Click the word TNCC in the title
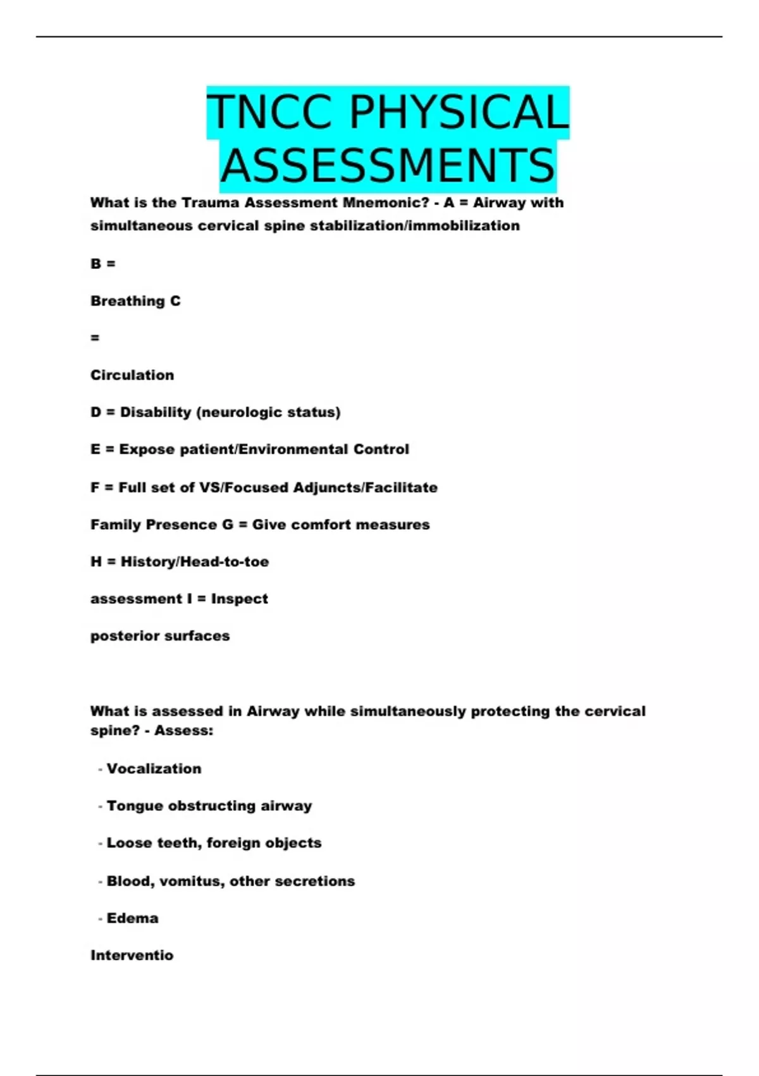[270, 112]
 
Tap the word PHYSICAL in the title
[459, 112]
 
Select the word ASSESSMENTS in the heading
[388, 165]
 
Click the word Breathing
[127, 301]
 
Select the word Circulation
[132, 375]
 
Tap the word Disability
[156, 413]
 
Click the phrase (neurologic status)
[269, 413]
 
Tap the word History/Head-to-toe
[195, 562]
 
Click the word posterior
[125, 636]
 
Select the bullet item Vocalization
[154, 769]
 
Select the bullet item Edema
[132, 918]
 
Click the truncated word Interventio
[132, 956]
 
